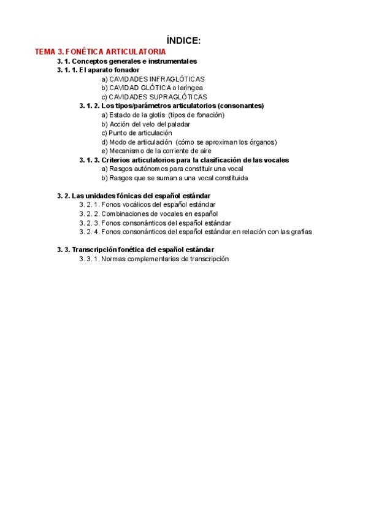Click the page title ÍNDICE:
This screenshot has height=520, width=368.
tap(184, 40)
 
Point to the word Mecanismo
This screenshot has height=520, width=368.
tap(124, 151)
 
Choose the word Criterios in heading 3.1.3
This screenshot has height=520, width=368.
tap(115, 160)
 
